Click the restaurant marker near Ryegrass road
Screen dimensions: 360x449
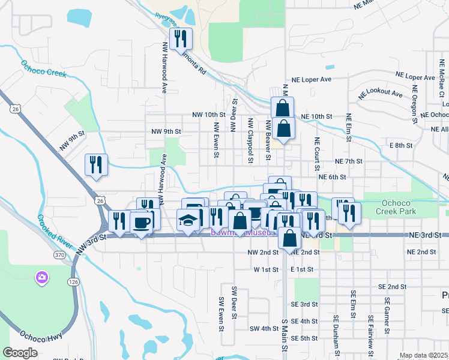(x=181, y=40)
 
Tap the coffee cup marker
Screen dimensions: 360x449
(x=141, y=223)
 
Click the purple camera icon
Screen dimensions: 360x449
(x=41, y=277)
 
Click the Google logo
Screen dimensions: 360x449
(x=20, y=353)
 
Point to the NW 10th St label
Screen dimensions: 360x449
(x=208, y=114)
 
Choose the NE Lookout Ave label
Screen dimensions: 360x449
(x=381, y=95)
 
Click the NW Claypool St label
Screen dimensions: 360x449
(x=250, y=139)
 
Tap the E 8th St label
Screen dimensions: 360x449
(x=401, y=145)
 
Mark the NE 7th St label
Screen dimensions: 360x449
(x=349, y=161)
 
